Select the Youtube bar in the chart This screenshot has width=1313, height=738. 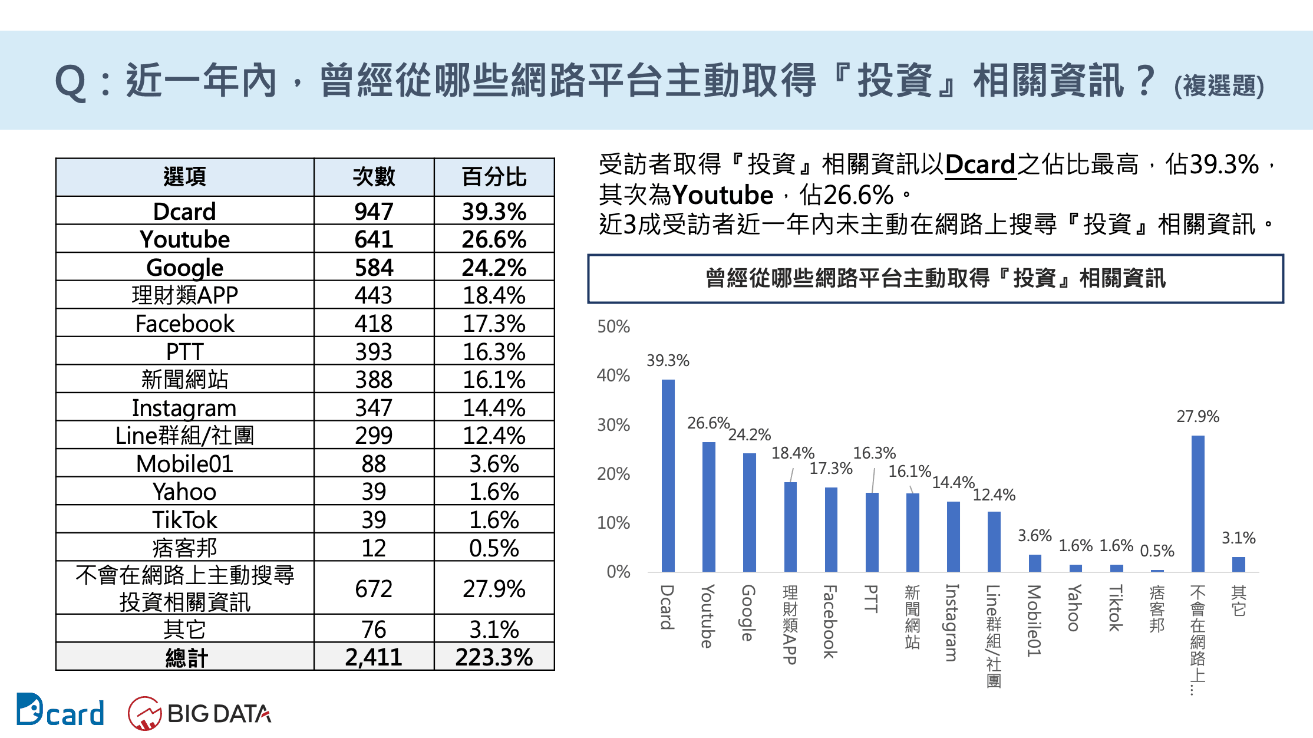(x=708, y=506)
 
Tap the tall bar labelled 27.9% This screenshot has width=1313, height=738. (x=1197, y=503)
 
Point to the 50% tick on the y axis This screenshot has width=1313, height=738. (x=613, y=327)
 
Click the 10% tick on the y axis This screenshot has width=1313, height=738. (x=613, y=523)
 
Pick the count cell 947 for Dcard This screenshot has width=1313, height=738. (x=374, y=211)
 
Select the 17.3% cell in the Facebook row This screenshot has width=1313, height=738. (x=494, y=324)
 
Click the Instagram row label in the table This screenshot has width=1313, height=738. (x=184, y=407)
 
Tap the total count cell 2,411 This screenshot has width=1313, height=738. (x=374, y=657)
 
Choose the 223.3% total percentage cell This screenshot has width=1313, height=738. (x=494, y=657)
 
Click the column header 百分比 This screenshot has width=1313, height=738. (x=494, y=177)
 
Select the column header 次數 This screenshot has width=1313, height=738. (x=374, y=177)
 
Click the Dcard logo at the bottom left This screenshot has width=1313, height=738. (x=60, y=711)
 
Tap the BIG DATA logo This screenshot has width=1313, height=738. (x=200, y=713)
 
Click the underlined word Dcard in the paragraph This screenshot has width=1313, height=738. (x=980, y=164)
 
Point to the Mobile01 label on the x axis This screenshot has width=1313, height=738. (x=1034, y=620)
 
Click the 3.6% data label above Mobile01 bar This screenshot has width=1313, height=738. (x=1034, y=535)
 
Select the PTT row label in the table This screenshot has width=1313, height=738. (x=184, y=351)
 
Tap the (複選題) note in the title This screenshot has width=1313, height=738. (x=1219, y=86)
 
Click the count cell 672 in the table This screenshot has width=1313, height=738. (x=374, y=588)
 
